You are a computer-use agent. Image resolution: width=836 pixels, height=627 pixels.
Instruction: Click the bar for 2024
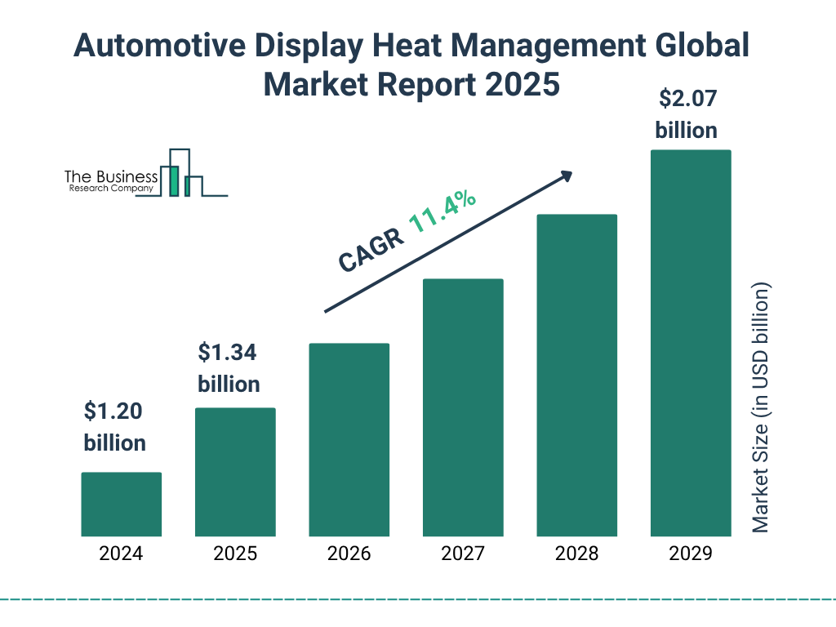pyautogui.click(x=121, y=504)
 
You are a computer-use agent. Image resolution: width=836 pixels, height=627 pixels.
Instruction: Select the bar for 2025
pyautogui.click(x=235, y=472)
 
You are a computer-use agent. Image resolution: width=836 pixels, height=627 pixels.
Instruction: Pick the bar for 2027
pyautogui.click(x=463, y=407)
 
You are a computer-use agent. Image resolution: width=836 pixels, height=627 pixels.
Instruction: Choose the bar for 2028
pyautogui.click(x=576, y=376)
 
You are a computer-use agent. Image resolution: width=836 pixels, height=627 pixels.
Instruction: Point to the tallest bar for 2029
pyautogui.click(x=691, y=343)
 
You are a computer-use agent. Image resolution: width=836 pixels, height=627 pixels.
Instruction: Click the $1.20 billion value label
pyautogui.click(x=115, y=427)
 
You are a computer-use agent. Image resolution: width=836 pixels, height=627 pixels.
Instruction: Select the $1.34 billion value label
pyautogui.click(x=229, y=368)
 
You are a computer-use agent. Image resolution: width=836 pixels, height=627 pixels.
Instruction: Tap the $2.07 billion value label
pyautogui.click(x=687, y=114)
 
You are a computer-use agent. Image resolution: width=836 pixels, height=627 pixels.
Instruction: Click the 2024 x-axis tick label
pyautogui.click(x=121, y=554)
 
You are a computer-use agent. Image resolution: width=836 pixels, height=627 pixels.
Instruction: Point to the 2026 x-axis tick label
pyautogui.click(x=349, y=554)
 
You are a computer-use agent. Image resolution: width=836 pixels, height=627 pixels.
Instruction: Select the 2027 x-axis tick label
pyautogui.click(x=463, y=554)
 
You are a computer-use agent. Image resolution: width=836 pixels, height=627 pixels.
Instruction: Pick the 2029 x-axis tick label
pyautogui.click(x=691, y=554)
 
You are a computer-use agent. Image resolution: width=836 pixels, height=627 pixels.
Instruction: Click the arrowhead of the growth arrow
pyautogui.click(x=565, y=176)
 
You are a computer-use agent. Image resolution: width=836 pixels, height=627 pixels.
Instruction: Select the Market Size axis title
pyautogui.click(x=761, y=407)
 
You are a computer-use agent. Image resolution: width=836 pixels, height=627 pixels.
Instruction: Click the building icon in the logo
pyautogui.click(x=181, y=173)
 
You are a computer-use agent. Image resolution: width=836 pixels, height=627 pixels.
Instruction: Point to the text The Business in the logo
pyautogui.click(x=111, y=177)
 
